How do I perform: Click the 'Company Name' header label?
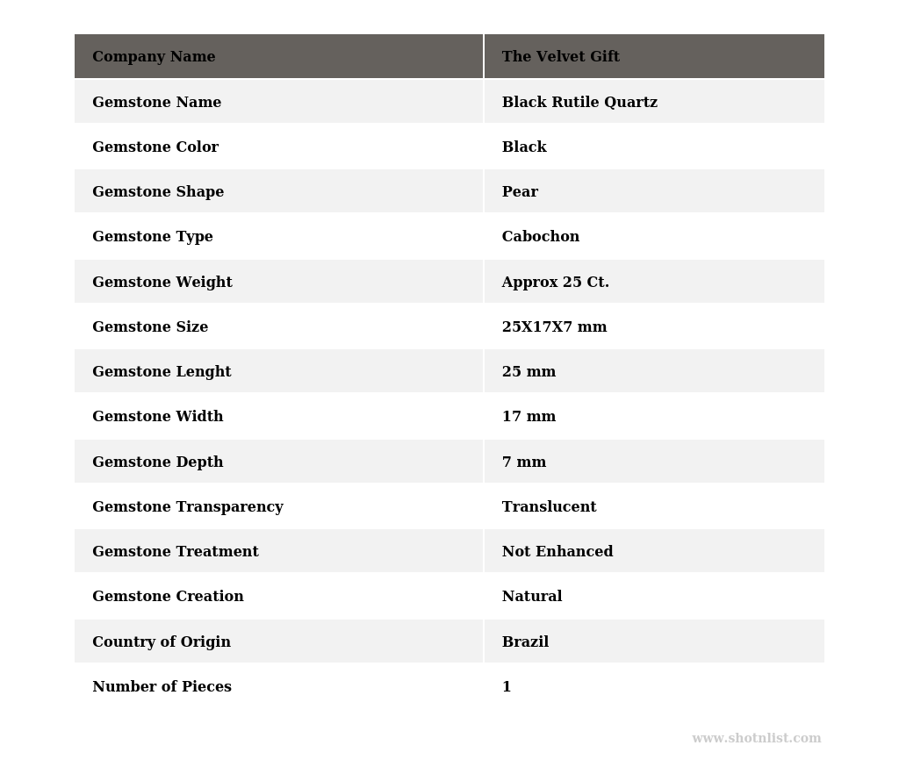154,57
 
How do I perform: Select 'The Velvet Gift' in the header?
560,57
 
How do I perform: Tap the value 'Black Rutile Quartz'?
579,103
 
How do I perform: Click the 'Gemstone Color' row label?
155,147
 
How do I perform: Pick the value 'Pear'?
520,192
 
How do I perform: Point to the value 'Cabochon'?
540,237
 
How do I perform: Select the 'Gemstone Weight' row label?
162,283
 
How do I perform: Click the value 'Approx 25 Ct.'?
555,283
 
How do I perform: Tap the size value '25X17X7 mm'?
554,327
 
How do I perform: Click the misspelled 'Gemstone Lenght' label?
162,372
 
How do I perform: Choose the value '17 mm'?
529,417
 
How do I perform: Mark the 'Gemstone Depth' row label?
158,462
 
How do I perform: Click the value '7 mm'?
524,462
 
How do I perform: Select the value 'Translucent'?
549,507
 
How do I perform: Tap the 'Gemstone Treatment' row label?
176,552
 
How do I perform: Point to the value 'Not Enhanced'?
557,552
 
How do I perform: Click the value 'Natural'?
532,597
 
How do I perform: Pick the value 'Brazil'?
525,642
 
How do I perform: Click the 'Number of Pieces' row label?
162,687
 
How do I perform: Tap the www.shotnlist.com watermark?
756,739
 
